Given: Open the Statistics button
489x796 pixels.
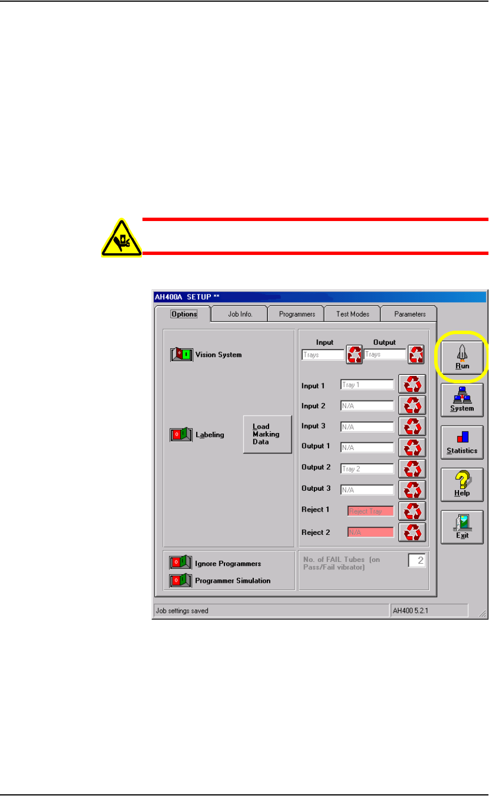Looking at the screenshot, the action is click(462, 442).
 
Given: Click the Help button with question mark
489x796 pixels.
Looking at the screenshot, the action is click(462, 484).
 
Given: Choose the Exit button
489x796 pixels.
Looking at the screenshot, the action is click(462, 526).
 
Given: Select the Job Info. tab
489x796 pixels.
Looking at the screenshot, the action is click(240, 314).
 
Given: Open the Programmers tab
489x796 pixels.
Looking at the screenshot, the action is click(296, 314).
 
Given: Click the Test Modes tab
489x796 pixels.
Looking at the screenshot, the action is click(352, 314).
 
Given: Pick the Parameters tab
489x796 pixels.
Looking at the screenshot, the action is click(410, 314).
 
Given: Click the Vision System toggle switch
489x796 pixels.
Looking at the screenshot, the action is click(181, 355).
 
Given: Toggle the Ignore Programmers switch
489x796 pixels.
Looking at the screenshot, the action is click(180, 563).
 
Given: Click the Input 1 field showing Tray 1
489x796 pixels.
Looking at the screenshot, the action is click(367, 384).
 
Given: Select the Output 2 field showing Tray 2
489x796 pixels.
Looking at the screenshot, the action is click(367, 468).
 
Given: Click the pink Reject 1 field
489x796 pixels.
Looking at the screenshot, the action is click(370, 511).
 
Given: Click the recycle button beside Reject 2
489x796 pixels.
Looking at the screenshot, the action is click(413, 532).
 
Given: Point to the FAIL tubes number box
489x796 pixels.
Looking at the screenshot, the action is click(417, 561).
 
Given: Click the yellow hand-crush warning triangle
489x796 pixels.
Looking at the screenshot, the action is click(122, 238).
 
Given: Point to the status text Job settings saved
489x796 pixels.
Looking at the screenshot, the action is click(183, 611).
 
